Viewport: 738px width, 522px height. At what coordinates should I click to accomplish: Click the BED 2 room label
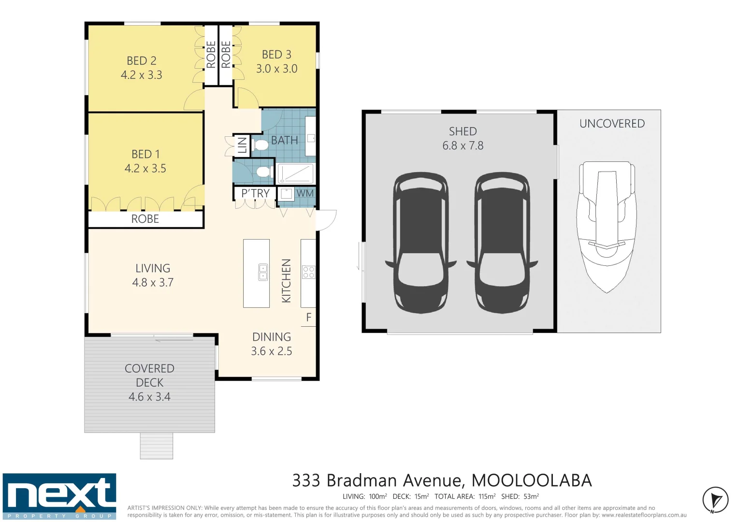pos(141,61)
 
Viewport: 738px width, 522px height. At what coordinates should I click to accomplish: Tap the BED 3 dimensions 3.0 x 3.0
pos(276,69)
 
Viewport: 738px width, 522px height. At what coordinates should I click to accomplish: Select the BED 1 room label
pos(145,154)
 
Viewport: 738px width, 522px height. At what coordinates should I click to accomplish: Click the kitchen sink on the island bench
pos(263,272)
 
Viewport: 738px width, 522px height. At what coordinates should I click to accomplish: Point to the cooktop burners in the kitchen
pos(308,272)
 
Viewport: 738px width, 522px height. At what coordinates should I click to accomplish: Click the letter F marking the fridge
pos(309,318)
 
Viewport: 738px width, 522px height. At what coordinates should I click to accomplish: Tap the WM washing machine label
pos(305,193)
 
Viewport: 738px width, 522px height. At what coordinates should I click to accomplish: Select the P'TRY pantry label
pos(255,193)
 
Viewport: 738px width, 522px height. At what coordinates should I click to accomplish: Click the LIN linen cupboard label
pos(242,145)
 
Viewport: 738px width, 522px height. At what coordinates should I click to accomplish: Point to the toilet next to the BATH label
pos(260,145)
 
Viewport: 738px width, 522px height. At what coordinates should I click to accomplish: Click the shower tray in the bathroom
pos(295,173)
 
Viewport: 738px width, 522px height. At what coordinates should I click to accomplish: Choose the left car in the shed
pos(420,242)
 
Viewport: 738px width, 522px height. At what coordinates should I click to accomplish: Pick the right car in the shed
pos(502,242)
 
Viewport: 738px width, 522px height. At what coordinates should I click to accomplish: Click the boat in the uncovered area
pos(607,225)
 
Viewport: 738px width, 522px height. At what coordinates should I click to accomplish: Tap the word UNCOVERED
pos(612,124)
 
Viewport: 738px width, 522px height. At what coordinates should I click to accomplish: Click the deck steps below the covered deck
pos(157,446)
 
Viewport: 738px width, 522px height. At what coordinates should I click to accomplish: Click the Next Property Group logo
pos(59,496)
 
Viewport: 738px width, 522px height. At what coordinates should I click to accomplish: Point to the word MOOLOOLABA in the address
pos(531,480)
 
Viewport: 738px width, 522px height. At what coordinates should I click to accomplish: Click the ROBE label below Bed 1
pos(145,219)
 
